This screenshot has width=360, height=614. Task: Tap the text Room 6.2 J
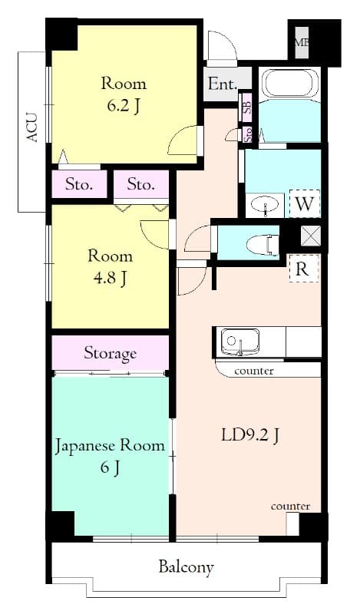click(x=124, y=94)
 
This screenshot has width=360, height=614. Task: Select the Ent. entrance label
click(x=222, y=84)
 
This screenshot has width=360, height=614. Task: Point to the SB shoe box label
click(x=247, y=106)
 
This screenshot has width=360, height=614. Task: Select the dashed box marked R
click(x=302, y=269)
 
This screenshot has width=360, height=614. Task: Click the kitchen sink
click(x=240, y=341)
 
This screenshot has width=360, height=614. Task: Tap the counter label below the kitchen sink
click(x=254, y=371)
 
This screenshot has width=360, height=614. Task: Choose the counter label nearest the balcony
click(x=290, y=506)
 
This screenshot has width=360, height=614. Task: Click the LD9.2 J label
click(x=250, y=435)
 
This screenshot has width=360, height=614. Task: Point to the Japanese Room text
click(x=109, y=445)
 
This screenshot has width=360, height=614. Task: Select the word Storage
click(x=111, y=353)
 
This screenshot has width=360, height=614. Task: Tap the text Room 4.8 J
click(x=111, y=266)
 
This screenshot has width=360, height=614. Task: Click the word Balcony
click(x=186, y=567)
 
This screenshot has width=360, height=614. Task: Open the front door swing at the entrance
click(x=223, y=48)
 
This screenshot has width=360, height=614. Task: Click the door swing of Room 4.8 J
click(x=156, y=233)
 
